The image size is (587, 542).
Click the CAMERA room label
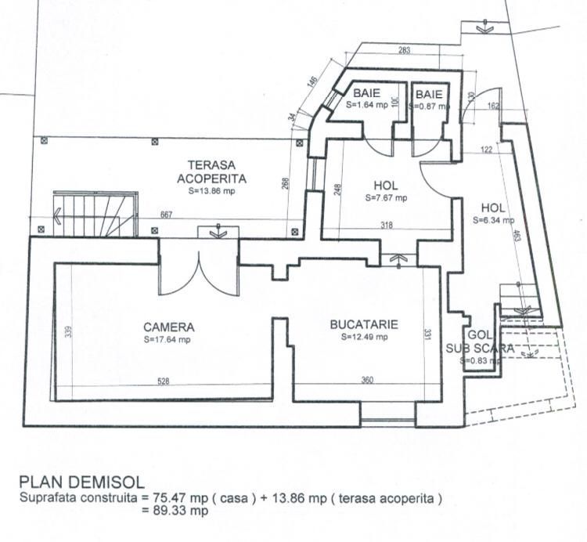(168, 327)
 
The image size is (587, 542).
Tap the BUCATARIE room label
(365, 324)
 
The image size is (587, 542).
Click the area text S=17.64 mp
(167, 340)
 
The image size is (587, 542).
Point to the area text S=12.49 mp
(365, 338)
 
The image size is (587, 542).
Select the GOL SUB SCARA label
(480, 341)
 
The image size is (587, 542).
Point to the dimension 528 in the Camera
(163, 381)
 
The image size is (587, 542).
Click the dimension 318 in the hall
(387, 226)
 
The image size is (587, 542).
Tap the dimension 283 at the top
(405, 52)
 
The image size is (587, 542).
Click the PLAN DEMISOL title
(81, 481)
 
